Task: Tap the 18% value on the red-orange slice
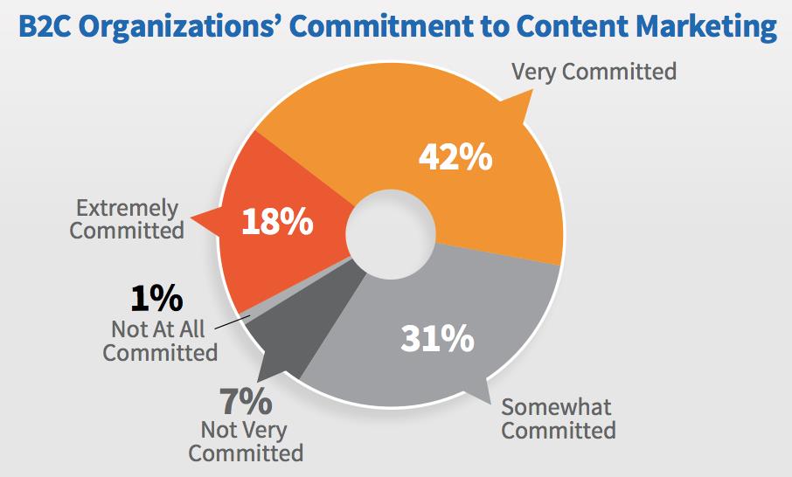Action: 277,222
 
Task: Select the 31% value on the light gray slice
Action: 436,338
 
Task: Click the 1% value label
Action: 156,299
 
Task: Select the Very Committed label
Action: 594,71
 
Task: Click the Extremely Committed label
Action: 128,219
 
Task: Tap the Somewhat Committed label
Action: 558,418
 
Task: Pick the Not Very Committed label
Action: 246,441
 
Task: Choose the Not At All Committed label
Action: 160,341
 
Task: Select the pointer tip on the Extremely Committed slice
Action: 194,217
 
